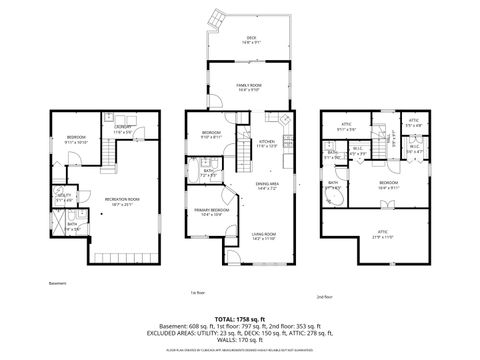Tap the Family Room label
click(223, 88)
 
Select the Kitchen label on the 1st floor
click(268, 144)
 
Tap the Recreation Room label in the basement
click(122, 202)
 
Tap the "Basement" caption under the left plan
click(58, 283)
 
